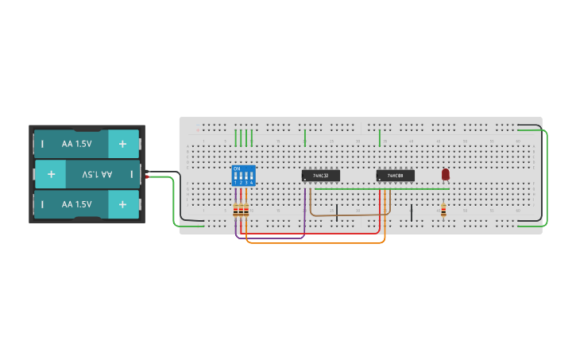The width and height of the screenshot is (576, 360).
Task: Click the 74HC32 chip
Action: (x=321, y=176)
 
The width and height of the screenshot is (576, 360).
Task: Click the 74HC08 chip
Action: (x=395, y=176)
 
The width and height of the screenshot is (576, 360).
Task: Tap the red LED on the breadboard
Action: (x=445, y=173)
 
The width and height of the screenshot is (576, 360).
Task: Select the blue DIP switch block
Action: (x=243, y=176)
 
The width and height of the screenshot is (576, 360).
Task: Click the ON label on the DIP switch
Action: (x=236, y=168)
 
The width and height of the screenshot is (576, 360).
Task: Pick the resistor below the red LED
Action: (x=443, y=210)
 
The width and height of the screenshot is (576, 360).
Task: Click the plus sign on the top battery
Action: (x=122, y=144)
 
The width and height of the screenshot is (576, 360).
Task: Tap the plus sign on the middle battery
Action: (x=51, y=173)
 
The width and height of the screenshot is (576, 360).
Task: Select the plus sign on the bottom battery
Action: (x=122, y=204)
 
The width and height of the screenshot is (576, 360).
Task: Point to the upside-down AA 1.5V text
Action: (x=97, y=173)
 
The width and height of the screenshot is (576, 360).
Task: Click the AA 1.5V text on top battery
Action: (x=77, y=144)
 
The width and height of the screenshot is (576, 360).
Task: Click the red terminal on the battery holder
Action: (x=146, y=177)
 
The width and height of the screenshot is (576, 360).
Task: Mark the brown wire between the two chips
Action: (x=350, y=215)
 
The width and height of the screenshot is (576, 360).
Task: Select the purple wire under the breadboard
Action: (x=270, y=237)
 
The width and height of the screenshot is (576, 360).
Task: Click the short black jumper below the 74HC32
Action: (x=337, y=212)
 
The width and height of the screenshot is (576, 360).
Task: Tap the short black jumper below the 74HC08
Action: (x=412, y=212)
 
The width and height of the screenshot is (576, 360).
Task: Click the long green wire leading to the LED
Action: (x=381, y=189)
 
